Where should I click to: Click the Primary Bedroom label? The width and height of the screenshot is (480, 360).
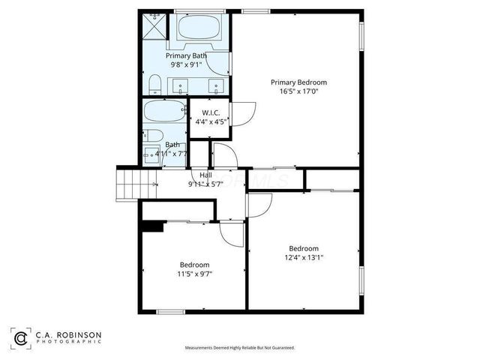pos(298,82)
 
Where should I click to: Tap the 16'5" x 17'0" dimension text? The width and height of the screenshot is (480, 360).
pos(298,92)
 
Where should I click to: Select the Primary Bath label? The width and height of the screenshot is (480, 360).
pos(186,55)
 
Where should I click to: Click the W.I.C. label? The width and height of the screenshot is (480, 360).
pos(210,112)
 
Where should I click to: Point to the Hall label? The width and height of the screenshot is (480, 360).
pos(205,175)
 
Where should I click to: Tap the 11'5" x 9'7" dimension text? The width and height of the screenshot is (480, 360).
pos(194,274)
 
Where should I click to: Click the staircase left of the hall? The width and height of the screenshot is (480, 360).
pos(128,181)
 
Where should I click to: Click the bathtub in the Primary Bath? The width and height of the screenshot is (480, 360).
pos(201,28)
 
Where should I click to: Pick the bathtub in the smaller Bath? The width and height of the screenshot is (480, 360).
pos(164,115)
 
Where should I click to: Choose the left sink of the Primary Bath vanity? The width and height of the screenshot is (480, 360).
pos(181,85)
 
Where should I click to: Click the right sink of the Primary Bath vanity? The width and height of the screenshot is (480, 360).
pos(218,85)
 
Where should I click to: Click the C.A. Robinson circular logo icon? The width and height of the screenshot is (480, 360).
pos(21,339)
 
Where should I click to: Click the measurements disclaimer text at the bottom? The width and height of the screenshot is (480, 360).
pos(239,348)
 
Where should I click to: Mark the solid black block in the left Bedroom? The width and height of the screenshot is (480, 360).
pos(153,226)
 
